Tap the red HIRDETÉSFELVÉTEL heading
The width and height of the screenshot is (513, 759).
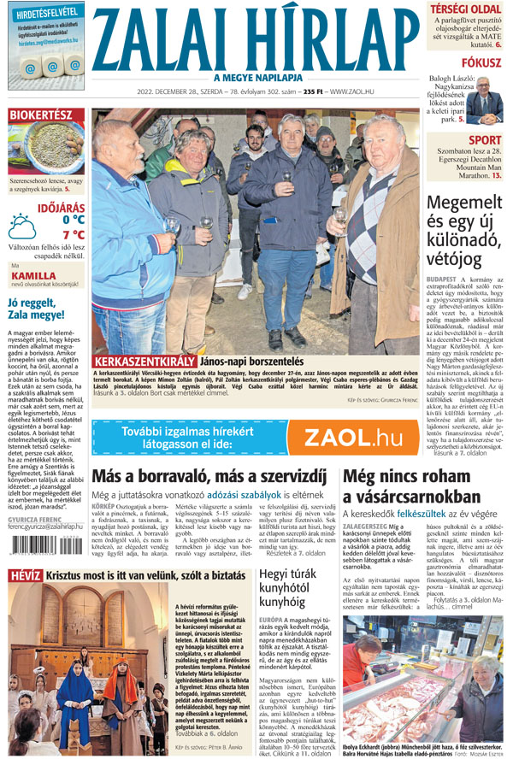[x=44, y=11]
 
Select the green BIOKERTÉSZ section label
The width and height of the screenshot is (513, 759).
[x=40, y=115]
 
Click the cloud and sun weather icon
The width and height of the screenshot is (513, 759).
[x=22, y=227]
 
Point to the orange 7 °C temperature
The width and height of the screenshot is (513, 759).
[x=73, y=234]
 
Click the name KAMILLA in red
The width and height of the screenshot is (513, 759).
[x=33, y=275]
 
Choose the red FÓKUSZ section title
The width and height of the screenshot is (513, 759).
[x=481, y=63]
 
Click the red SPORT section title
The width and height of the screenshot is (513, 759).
[x=485, y=140]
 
